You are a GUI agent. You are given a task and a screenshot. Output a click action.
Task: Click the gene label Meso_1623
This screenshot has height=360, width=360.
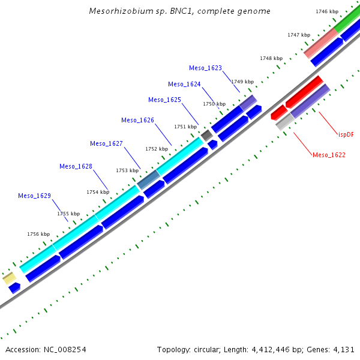coord(205,68)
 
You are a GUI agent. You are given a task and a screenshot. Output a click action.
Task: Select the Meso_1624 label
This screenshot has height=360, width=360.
coord(184,85)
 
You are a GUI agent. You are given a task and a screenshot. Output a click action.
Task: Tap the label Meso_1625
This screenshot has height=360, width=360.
coord(164,100)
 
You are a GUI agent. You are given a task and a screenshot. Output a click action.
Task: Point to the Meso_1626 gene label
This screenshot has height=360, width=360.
coord(137,121)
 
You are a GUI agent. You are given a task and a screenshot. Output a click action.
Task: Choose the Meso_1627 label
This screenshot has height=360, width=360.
coord(106,144)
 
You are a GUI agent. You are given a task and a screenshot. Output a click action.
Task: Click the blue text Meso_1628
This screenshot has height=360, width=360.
coord(76,166)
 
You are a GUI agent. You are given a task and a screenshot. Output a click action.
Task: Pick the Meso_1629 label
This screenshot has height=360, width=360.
coord(34,196)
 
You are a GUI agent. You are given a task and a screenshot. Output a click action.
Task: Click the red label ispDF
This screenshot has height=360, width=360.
coord(346,135)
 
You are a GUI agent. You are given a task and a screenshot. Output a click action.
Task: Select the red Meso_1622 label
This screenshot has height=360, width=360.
coord(329,155)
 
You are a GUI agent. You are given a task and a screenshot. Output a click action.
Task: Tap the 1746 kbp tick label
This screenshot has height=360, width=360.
coord(327,11)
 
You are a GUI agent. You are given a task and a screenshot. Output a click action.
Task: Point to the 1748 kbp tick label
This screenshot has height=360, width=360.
coord(271,58)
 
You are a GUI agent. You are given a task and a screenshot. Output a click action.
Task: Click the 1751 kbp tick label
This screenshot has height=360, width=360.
coord(185,127)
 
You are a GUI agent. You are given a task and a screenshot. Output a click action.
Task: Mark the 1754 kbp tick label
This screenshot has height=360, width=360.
coord(98,192)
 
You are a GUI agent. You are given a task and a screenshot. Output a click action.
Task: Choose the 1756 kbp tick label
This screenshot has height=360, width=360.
coord(38,234)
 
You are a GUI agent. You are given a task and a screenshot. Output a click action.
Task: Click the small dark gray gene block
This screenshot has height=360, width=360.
coord(207,136)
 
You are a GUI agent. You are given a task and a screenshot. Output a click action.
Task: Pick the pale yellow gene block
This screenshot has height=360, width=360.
coord(9,278)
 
